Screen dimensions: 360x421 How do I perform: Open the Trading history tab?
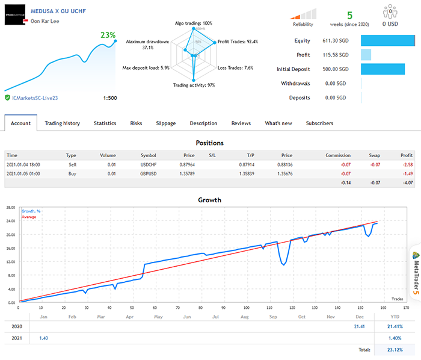click(x=62, y=123)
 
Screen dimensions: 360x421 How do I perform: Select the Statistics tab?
click(x=105, y=123)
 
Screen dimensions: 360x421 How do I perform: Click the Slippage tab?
click(x=166, y=123)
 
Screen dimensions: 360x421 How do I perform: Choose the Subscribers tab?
click(x=319, y=123)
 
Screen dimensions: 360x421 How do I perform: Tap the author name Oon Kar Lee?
click(x=46, y=21)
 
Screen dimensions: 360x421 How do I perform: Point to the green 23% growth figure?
click(x=108, y=36)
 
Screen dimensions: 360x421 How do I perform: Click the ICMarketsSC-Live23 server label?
click(x=36, y=98)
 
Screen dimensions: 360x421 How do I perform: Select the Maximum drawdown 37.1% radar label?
click(x=140, y=44)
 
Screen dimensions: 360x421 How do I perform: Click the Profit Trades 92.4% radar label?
click(x=238, y=42)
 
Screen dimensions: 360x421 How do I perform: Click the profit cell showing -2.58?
click(x=407, y=164)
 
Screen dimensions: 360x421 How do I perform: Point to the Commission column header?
click(x=338, y=155)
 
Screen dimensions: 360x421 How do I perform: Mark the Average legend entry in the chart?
click(x=29, y=217)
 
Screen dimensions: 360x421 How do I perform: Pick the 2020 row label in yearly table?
click(x=17, y=326)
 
